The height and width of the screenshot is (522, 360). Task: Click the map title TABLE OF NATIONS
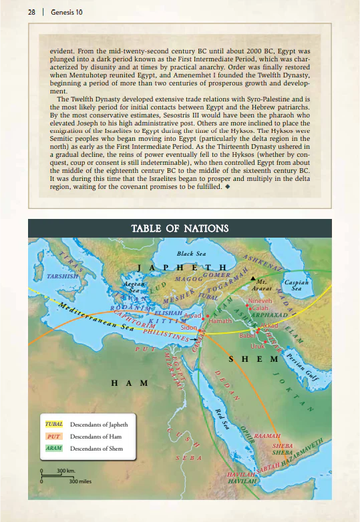180,229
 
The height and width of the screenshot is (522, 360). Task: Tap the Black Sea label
190,254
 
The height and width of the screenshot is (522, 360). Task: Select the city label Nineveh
260,301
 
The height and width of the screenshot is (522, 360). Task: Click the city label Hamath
220,321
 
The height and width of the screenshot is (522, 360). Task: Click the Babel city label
248,336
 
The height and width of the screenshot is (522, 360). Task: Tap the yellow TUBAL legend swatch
54,424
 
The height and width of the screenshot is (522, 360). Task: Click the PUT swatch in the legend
54,436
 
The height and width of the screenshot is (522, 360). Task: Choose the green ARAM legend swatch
54,448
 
